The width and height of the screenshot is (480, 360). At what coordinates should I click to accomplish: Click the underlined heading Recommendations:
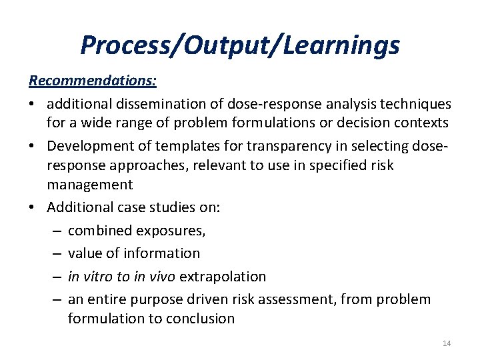(x=93, y=81)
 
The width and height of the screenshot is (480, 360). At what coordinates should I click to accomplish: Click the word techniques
(x=416, y=104)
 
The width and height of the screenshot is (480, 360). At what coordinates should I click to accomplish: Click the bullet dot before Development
(x=33, y=146)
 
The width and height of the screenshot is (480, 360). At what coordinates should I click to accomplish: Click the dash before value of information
(x=55, y=253)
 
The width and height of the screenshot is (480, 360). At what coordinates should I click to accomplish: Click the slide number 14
(x=446, y=343)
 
